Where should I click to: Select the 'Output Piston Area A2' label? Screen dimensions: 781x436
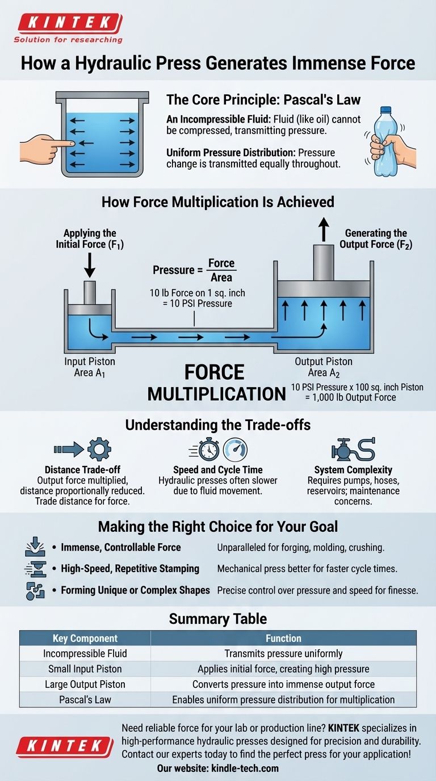324,367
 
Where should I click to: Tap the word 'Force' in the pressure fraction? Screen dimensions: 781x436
221,263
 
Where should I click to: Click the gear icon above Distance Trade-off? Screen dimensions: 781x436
99,449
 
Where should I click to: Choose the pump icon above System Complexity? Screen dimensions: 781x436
343,449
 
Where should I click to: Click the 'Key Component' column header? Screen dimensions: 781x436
85,638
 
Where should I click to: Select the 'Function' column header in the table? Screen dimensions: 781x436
283,638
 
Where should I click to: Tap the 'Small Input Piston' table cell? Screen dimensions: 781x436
85,669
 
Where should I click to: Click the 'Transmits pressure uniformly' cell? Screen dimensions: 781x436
283,653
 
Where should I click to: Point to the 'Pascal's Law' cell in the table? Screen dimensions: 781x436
85,699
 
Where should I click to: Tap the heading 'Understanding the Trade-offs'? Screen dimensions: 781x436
217,425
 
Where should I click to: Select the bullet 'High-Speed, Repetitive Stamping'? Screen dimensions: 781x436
130,568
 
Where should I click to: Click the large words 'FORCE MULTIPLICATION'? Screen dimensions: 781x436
216,383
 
